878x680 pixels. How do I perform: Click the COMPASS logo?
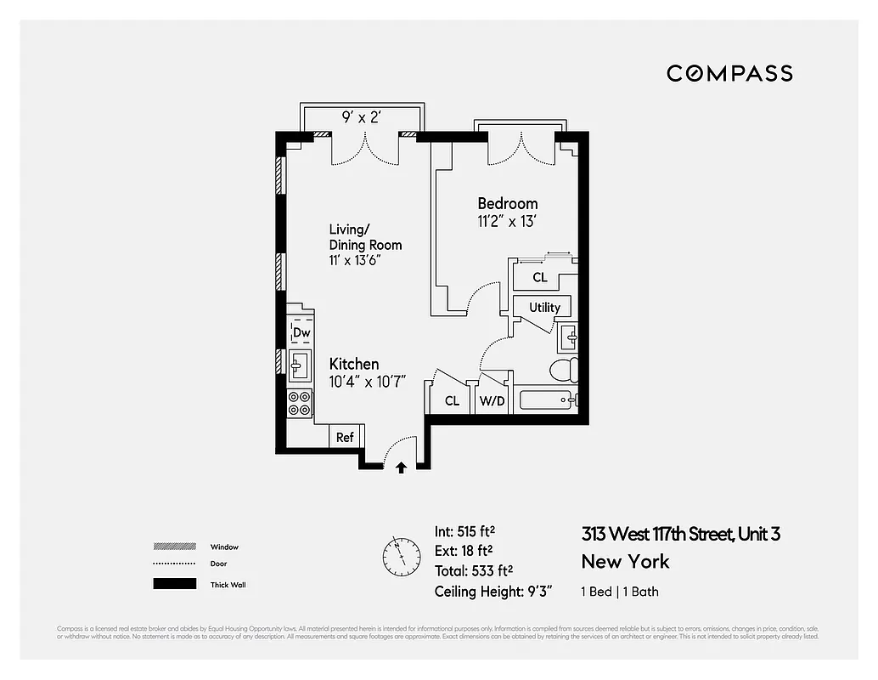(729, 73)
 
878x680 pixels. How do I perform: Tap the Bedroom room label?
(507, 204)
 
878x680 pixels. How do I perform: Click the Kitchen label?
(354, 364)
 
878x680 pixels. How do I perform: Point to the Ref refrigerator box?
(346, 437)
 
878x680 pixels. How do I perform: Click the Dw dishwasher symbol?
(301, 332)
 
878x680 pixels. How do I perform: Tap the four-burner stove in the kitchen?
(300, 403)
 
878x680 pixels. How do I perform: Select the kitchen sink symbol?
(299, 366)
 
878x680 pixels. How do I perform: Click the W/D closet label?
(492, 400)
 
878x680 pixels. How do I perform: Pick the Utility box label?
(544, 307)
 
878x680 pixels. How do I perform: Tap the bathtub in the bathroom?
(548, 400)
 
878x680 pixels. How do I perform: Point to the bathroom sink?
(569, 338)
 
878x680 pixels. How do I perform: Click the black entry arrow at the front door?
(401, 466)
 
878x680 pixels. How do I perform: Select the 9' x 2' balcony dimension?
(360, 118)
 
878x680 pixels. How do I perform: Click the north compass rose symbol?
(401, 557)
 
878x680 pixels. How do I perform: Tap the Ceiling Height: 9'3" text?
(491, 592)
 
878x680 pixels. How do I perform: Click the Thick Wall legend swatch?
(172, 584)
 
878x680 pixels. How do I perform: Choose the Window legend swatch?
(172, 547)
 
